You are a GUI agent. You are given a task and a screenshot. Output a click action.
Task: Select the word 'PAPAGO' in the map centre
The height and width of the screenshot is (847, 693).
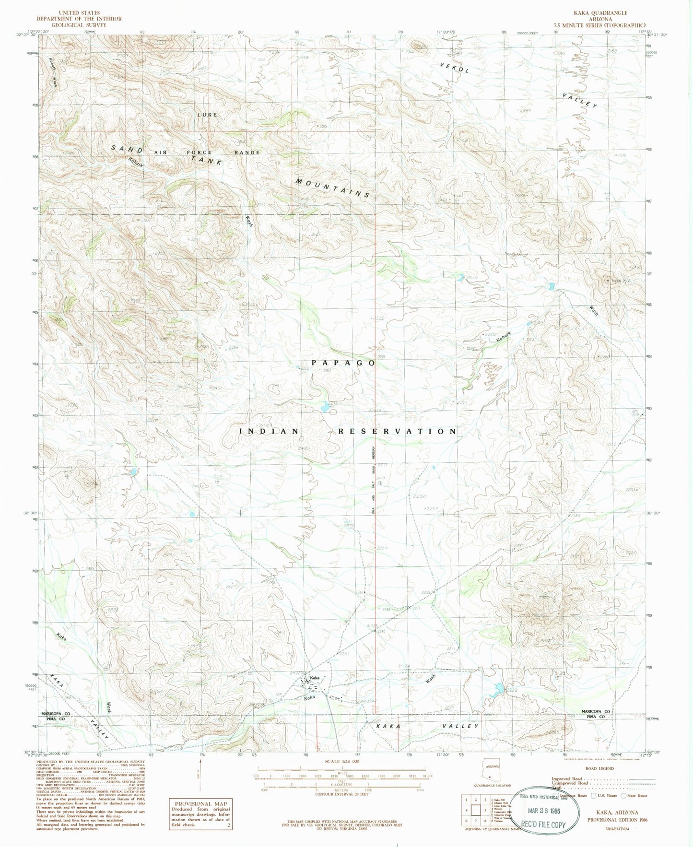click(x=342, y=363)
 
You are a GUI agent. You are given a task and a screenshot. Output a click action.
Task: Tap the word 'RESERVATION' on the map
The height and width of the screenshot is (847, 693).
click(x=398, y=431)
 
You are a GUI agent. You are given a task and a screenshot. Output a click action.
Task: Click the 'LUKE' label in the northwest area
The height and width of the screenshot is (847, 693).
click(x=207, y=115)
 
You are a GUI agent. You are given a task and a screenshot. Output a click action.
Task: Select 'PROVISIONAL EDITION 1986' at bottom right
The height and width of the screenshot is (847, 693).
click(x=613, y=820)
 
